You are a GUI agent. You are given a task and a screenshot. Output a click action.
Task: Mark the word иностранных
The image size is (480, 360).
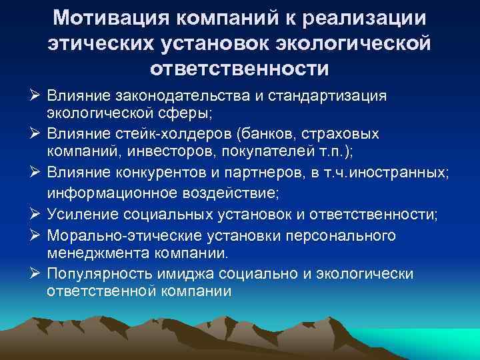(x=408, y=173)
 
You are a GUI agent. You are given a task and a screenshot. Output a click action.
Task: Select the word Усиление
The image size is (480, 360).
(x=81, y=215)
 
